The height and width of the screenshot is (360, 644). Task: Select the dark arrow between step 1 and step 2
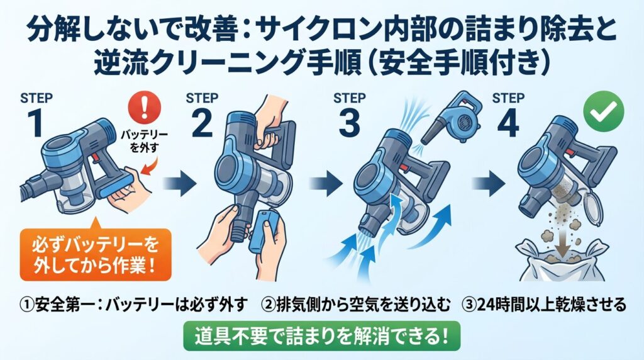click(177, 185)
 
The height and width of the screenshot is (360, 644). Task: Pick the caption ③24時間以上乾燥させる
click(545, 305)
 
